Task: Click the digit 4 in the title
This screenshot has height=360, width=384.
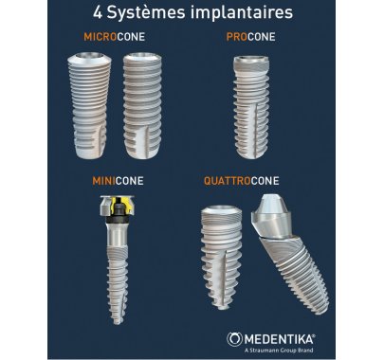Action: [x=98, y=13]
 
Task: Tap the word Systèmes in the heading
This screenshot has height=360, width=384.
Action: [x=146, y=13]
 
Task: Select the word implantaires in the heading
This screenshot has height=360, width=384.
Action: [x=242, y=13]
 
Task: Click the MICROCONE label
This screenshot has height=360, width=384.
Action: [x=115, y=37]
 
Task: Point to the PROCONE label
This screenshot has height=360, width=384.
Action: [x=251, y=37]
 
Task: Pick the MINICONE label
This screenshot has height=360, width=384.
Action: [x=118, y=181]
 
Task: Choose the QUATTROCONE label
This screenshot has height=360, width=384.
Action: [x=242, y=181]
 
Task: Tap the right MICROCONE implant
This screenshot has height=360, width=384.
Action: [x=142, y=105]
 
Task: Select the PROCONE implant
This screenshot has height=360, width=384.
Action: [x=251, y=107]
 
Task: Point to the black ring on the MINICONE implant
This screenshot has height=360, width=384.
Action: [x=118, y=220]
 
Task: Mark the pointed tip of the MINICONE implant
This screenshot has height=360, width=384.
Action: [x=118, y=322]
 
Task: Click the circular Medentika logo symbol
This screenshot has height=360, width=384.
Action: [x=234, y=339]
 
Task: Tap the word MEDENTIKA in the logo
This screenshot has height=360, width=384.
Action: [x=280, y=340]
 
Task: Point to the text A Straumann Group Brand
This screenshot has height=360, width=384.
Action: [x=279, y=351]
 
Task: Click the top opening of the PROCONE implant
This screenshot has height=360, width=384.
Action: [x=251, y=59]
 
